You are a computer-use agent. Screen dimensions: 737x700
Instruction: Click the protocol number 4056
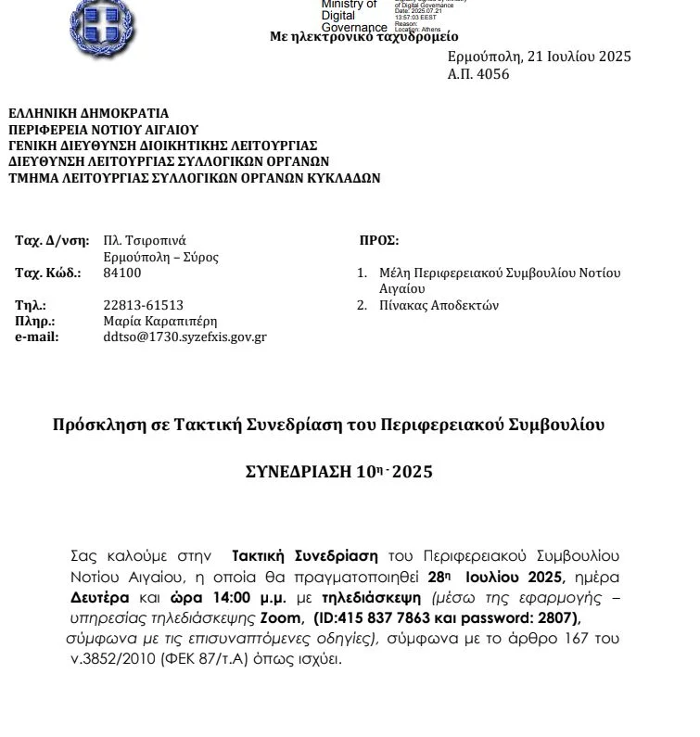[x=492, y=74]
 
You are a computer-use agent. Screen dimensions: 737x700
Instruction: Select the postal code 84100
[x=122, y=273]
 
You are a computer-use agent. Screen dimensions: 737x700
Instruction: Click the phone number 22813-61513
[x=143, y=305]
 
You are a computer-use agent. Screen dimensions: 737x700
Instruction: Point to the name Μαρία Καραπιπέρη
[x=159, y=321]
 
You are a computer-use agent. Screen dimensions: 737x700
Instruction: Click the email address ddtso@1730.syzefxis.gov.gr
[x=185, y=337]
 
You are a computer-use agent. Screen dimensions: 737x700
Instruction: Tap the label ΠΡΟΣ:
[x=378, y=240]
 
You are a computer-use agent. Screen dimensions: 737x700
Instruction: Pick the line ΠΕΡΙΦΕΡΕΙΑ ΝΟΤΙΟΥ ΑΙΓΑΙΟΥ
[x=103, y=130]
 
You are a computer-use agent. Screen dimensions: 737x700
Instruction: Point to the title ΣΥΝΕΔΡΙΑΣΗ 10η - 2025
[x=338, y=472]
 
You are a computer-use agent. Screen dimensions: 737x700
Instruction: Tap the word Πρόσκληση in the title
[x=95, y=426]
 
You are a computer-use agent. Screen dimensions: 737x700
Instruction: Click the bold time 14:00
[x=235, y=597]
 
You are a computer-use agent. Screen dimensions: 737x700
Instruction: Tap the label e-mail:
[x=37, y=337]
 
